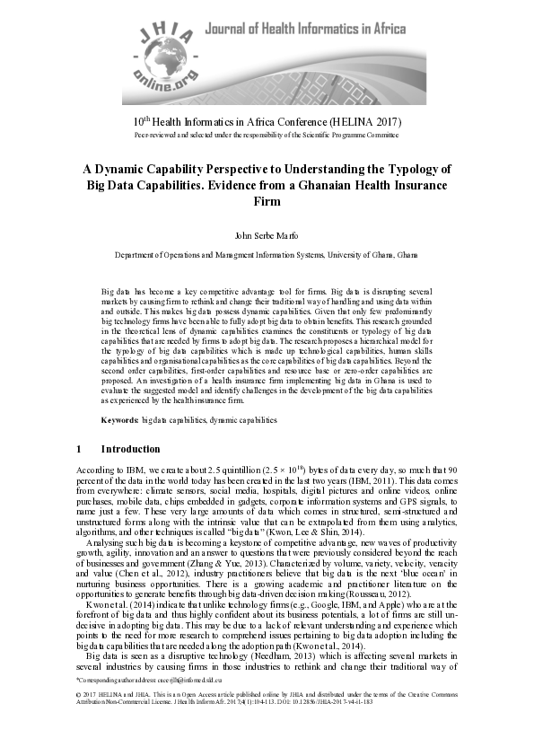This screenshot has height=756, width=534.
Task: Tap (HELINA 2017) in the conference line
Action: coord(359,121)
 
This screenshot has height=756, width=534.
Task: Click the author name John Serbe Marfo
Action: coord(267,236)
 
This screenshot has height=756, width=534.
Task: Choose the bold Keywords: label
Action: coord(120,419)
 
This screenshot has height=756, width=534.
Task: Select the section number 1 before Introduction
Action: coord(79,449)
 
